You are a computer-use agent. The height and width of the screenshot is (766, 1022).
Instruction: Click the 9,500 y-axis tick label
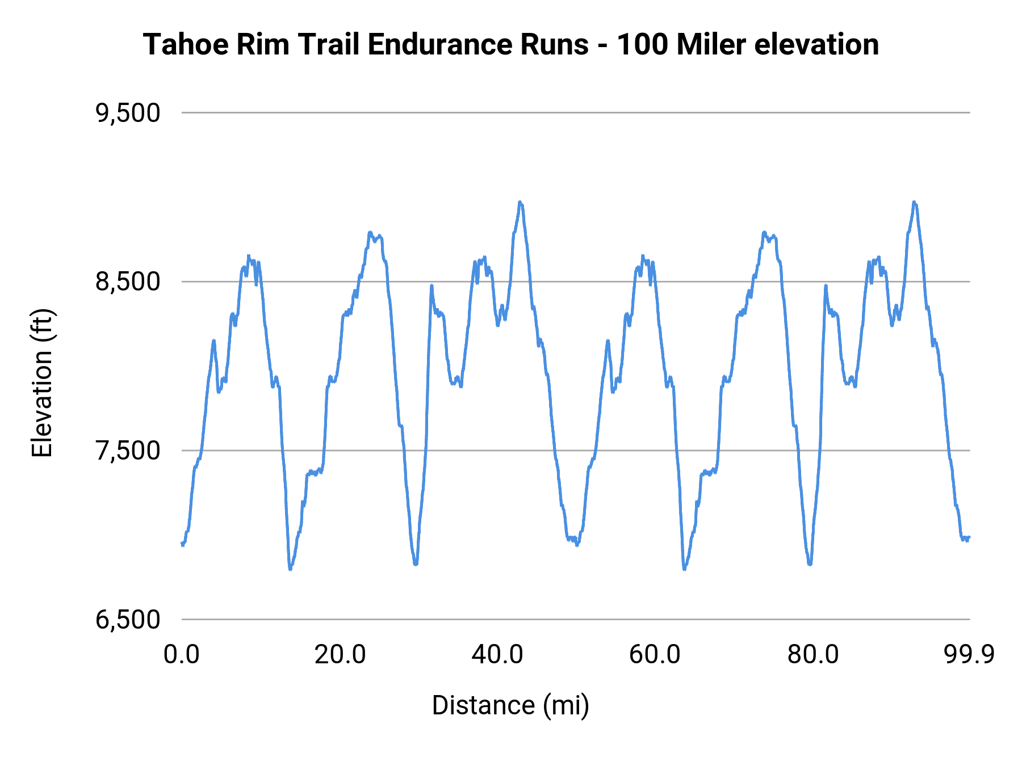(x=128, y=113)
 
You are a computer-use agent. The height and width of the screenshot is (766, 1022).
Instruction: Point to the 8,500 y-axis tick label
(x=128, y=282)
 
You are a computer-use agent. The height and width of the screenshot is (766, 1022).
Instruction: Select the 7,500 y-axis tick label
(x=128, y=451)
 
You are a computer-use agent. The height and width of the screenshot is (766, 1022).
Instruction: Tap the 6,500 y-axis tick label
(x=128, y=620)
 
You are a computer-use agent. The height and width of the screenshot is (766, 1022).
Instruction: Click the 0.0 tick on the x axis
(x=182, y=655)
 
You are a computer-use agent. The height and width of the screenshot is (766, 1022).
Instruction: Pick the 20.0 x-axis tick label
(x=340, y=655)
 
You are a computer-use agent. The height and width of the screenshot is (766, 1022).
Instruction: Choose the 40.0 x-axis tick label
(x=497, y=655)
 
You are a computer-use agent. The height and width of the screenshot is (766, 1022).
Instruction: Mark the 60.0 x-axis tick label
(x=655, y=655)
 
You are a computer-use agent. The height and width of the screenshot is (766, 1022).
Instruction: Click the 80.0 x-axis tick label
(x=812, y=655)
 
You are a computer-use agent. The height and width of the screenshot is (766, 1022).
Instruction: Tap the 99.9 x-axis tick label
(x=969, y=655)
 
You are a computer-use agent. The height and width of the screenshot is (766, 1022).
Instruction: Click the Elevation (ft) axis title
(x=42, y=383)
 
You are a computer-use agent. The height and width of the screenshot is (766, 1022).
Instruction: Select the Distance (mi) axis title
(x=510, y=705)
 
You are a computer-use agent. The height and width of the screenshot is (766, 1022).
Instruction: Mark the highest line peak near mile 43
(x=520, y=202)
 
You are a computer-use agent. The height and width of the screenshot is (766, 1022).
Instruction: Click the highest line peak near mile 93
(x=914, y=202)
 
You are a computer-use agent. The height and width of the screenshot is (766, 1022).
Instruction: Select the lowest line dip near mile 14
(x=290, y=569)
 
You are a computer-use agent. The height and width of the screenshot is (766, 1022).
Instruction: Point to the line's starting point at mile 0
(x=182, y=544)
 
